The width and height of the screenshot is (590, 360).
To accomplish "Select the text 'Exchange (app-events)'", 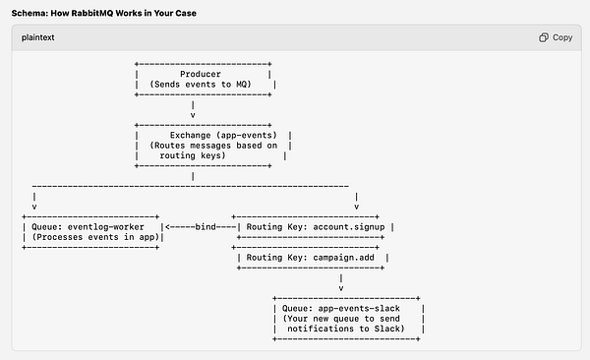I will click(217, 134).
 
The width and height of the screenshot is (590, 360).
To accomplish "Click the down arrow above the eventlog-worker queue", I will click(35, 207).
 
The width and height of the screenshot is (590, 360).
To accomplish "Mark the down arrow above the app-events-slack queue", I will click(340, 289).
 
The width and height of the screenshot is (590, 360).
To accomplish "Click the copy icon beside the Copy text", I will click(544, 37).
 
